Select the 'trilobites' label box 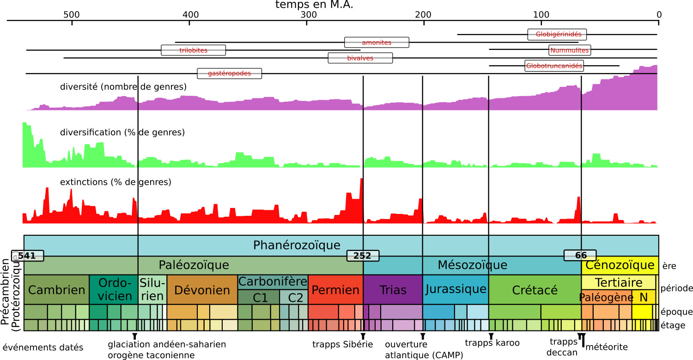[x=193, y=50]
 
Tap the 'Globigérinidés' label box [x=557, y=34]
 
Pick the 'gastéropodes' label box [x=229, y=73]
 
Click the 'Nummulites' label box [x=569, y=50]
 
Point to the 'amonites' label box [x=377, y=42]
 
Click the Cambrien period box [x=56, y=290]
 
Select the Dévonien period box [x=202, y=290]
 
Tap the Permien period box [x=335, y=290]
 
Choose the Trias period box [x=392, y=290]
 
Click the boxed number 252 [x=363, y=256]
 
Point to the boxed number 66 [x=580, y=256]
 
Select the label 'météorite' [x=606, y=346]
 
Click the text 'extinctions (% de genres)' [x=115, y=182]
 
